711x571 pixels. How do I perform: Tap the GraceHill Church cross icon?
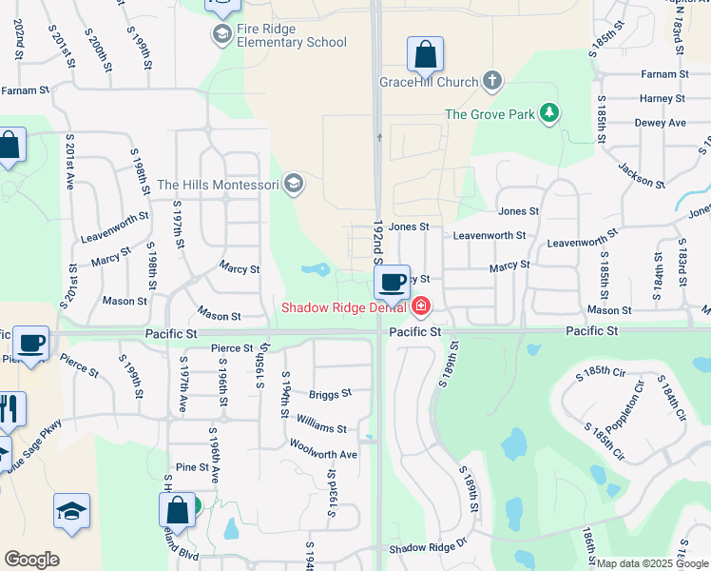tap(492, 81)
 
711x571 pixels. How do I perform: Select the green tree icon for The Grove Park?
tap(548, 114)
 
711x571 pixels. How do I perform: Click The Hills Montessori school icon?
tap(294, 184)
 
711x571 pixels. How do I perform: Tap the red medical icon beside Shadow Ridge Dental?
tap(420, 306)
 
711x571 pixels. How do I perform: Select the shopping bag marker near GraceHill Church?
tap(425, 54)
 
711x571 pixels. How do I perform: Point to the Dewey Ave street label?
tap(663, 123)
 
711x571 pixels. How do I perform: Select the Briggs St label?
tap(330, 393)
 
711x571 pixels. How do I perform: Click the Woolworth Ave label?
tap(323, 455)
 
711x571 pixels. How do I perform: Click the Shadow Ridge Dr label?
tap(429, 547)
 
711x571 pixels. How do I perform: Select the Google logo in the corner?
tap(31, 560)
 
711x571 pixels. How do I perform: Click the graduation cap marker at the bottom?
tap(72, 512)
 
